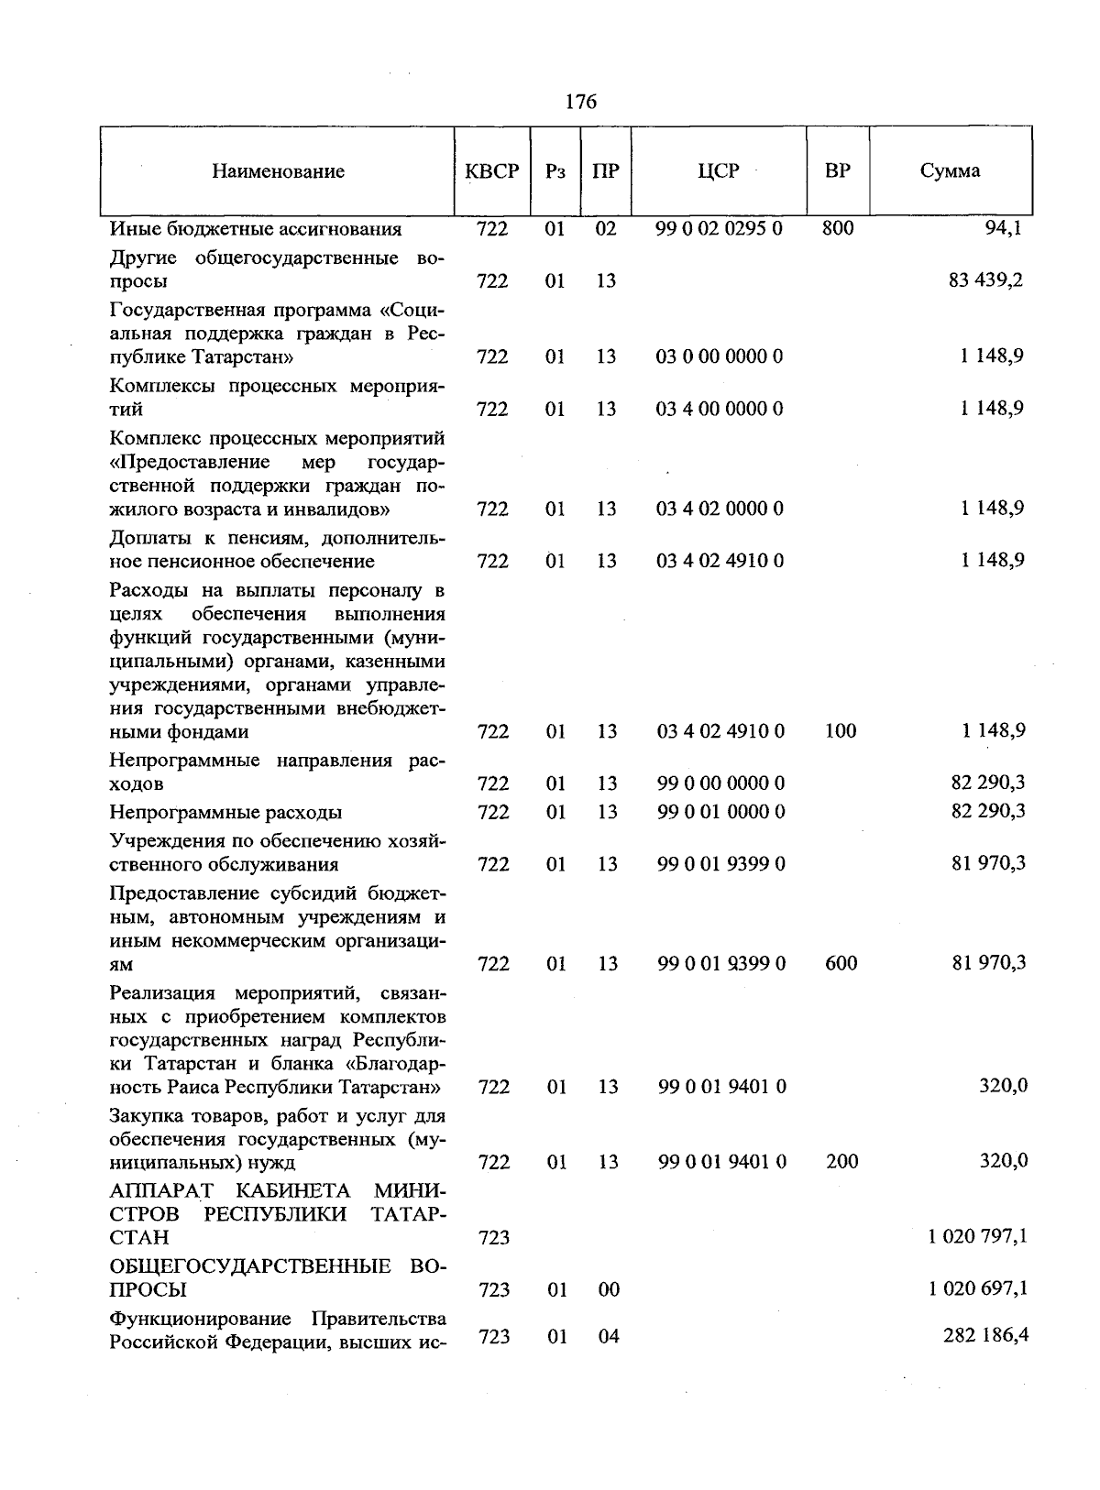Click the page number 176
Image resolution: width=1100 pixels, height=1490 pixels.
[581, 102]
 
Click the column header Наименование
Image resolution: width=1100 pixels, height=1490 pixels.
[279, 171]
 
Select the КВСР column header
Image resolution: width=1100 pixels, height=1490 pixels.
[492, 171]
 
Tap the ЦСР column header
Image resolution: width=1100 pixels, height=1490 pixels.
[718, 171]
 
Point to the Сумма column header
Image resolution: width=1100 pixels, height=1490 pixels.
[951, 171]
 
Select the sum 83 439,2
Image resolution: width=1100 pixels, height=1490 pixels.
[986, 280]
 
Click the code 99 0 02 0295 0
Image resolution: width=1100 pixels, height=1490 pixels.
[720, 228]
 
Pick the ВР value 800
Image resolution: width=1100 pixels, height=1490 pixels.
[838, 228]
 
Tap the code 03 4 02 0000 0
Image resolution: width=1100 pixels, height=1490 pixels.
[720, 509]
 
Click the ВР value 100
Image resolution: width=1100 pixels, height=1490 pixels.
[841, 731]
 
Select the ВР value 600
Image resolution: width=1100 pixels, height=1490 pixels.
[841, 963]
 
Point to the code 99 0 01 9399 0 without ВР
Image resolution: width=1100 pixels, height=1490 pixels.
[721, 864]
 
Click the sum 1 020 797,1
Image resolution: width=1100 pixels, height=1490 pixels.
[977, 1237]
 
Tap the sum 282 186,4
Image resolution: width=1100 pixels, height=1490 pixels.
[985, 1336]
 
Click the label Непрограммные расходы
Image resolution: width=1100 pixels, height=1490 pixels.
[225, 813]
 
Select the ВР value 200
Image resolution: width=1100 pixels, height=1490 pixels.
[841, 1162]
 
